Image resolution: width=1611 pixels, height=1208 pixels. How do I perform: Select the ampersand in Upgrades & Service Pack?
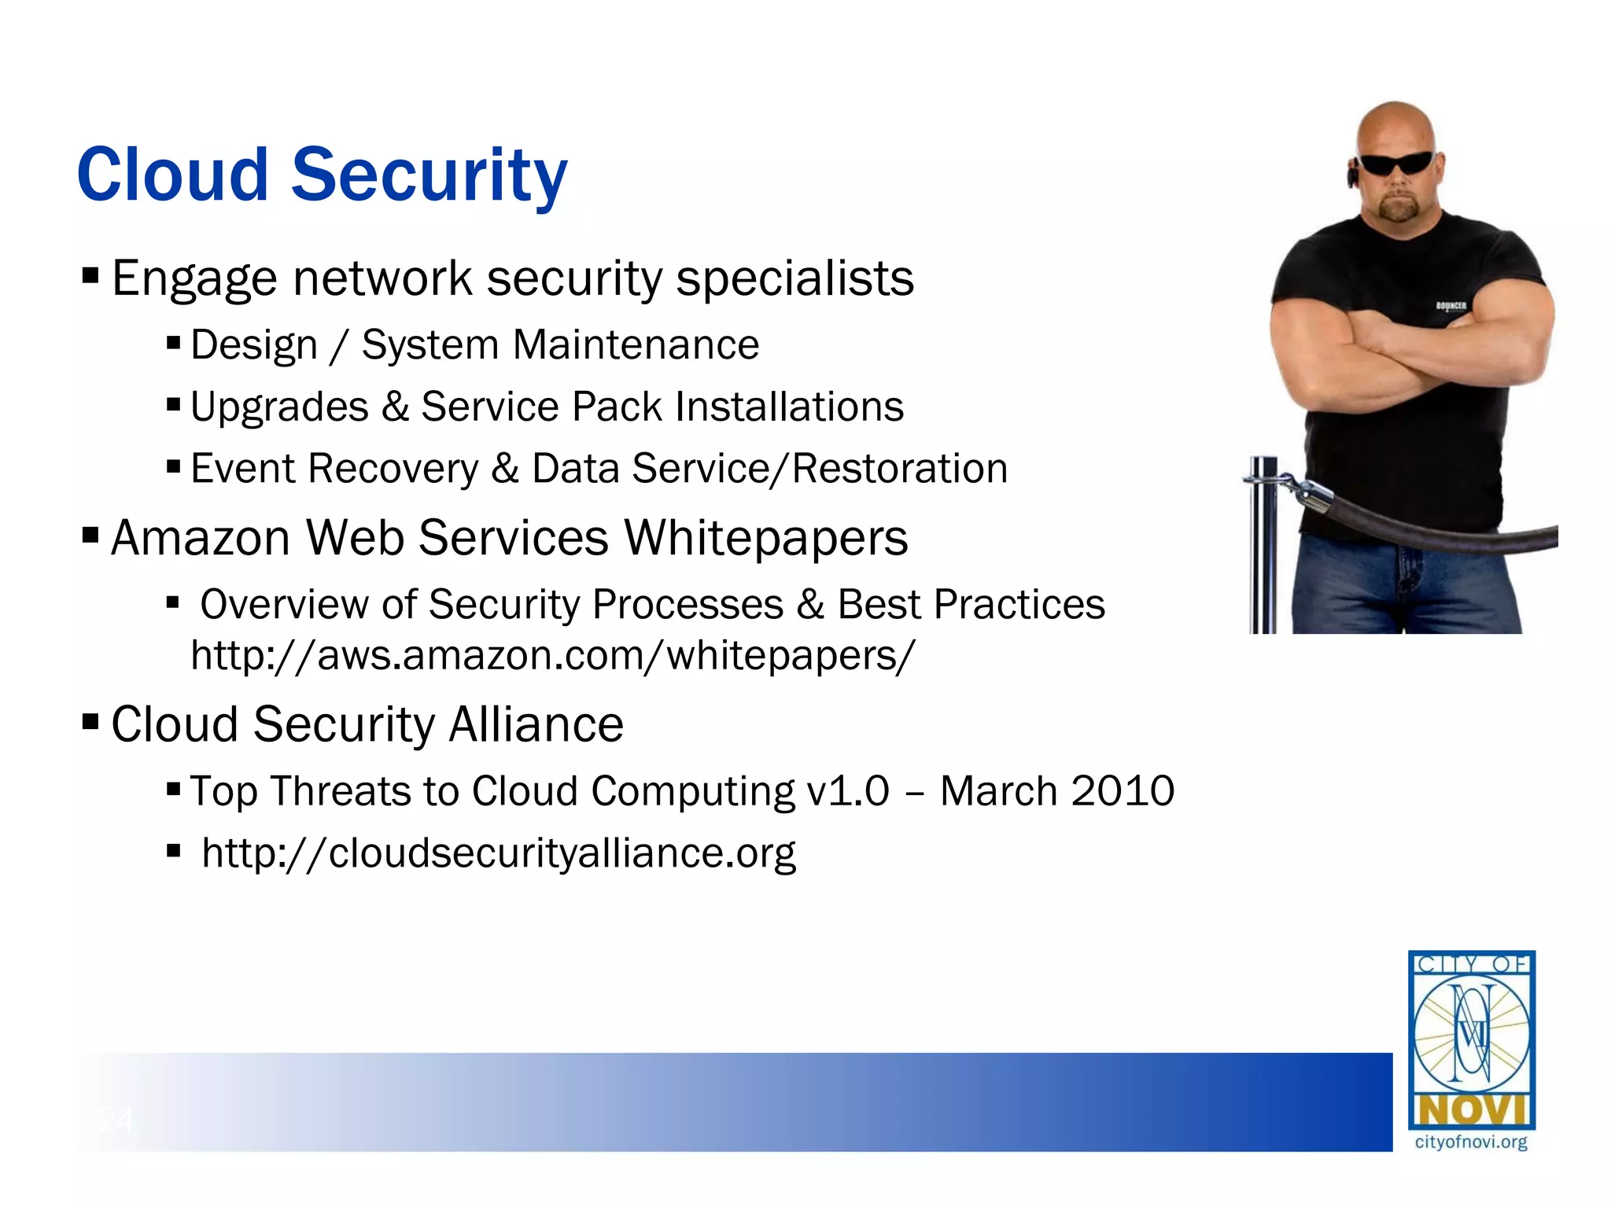395,407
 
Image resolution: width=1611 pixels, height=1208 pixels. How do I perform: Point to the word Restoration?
899,469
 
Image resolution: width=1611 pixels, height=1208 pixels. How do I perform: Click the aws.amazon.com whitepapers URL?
552,655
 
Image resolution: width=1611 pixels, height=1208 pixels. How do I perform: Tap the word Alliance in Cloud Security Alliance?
536,724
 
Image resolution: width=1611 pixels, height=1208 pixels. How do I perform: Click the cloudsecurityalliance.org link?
499,853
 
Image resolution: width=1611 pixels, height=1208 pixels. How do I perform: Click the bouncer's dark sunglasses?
1396,164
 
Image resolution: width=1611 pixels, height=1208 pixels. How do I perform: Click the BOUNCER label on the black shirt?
1451,306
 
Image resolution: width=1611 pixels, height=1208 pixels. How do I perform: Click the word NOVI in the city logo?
1471,1110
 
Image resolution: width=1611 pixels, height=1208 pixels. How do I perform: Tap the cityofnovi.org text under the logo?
1471,1142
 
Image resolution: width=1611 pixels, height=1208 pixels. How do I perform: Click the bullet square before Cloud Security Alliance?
90,721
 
